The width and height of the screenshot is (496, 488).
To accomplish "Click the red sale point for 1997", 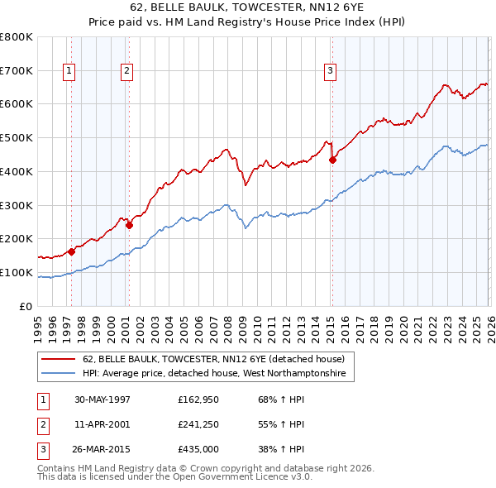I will click(72, 251).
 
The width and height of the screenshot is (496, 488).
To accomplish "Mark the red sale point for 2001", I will click(129, 225).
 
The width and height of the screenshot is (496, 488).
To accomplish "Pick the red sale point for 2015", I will click(332, 160).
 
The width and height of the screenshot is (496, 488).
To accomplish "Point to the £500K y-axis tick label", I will click(17, 137).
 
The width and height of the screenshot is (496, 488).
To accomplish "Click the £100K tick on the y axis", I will click(17, 272).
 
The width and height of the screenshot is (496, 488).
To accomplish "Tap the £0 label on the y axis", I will click(26, 306).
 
